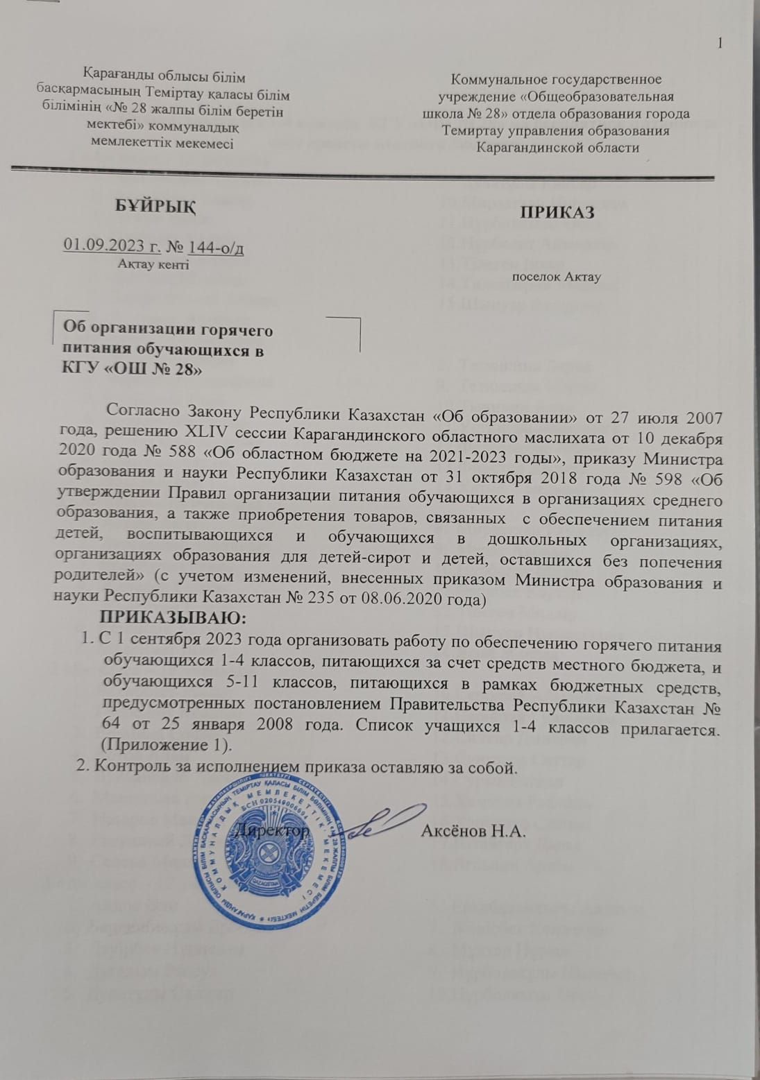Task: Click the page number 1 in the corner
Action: point(720,44)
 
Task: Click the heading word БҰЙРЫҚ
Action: point(155,205)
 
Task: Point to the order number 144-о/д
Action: point(216,246)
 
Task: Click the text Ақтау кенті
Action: point(153,264)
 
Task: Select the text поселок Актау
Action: point(556,277)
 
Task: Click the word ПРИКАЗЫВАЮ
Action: point(174,616)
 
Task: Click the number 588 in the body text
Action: point(161,459)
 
